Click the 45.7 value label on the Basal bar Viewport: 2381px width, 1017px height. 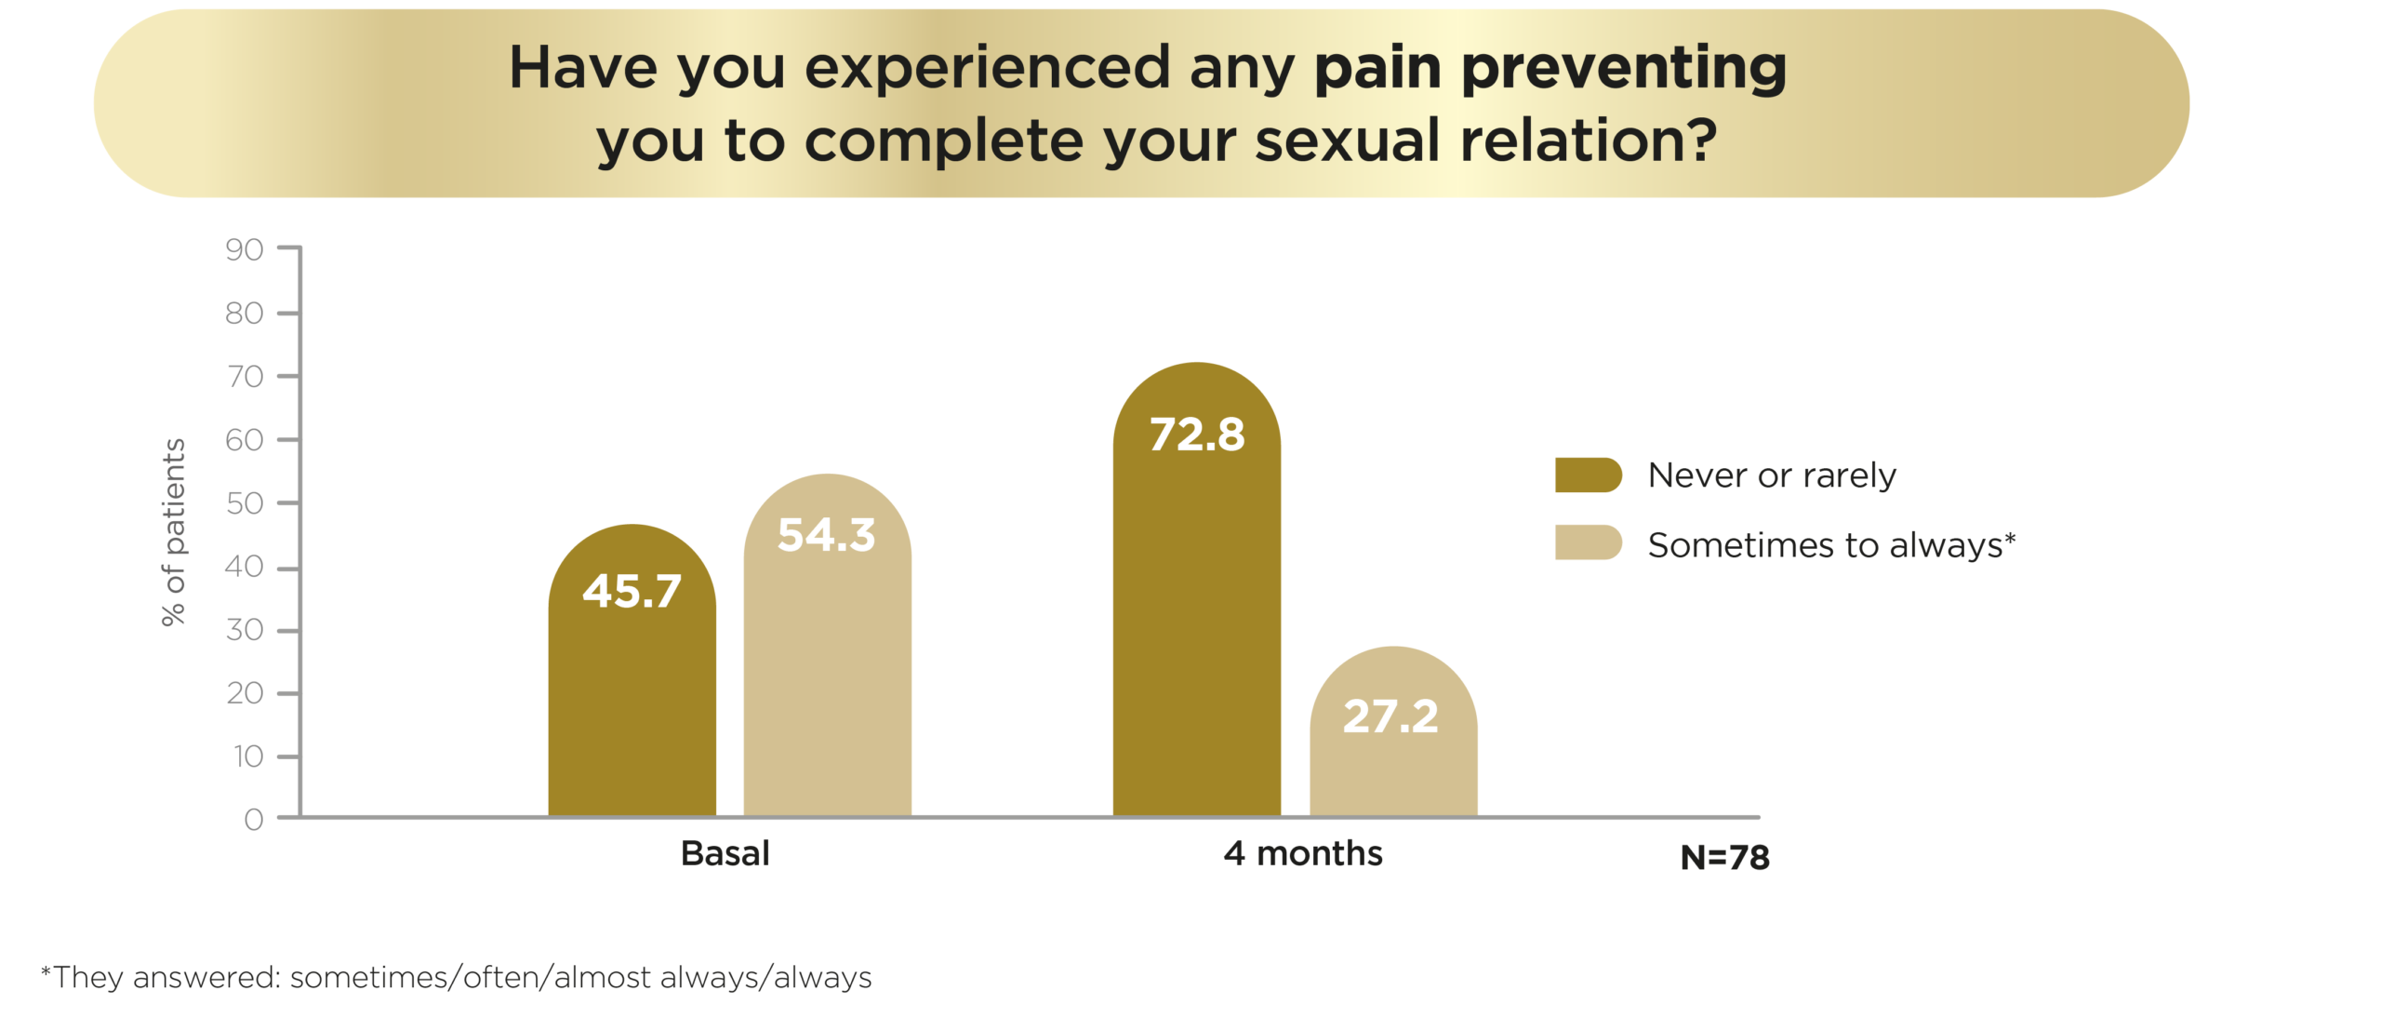tap(632, 591)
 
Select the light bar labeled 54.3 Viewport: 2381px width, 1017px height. tap(827, 646)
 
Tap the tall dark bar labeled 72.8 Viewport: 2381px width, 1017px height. tap(1196, 590)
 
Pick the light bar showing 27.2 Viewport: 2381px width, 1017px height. tap(1392, 731)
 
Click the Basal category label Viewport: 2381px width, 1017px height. tap(725, 853)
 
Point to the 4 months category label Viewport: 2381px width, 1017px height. tap(1303, 853)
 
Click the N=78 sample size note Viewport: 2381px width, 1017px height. tap(1724, 857)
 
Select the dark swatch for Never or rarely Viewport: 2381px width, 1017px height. tap(1589, 475)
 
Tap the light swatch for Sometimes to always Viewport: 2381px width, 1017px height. tap(1589, 542)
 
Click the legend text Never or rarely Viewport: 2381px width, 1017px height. tap(1772, 475)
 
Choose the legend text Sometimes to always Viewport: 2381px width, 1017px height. tap(1831, 544)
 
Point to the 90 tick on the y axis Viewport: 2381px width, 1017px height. tap(245, 249)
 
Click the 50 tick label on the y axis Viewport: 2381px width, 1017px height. tap(245, 503)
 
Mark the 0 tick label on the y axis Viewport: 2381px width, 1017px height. tap(254, 820)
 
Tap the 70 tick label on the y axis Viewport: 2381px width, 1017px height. tap(245, 376)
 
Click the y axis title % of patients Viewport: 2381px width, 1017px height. tap(174, 532)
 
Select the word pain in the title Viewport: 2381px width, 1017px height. tap(1377, 69)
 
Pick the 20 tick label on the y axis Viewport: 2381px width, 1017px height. tap(245, 693)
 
